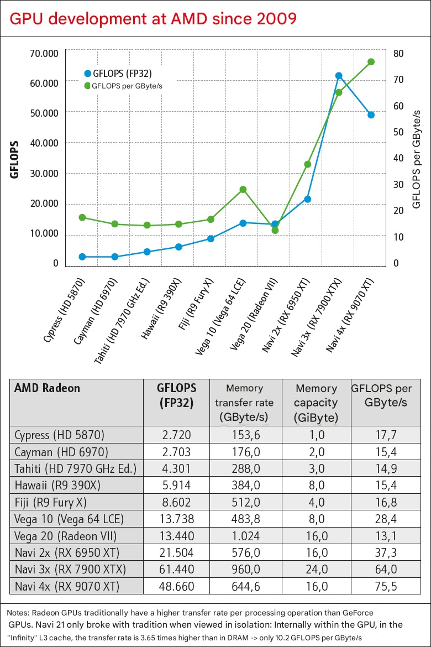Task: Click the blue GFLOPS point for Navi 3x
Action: pos(339,76)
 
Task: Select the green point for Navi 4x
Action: pos(371,62)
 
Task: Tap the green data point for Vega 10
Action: pos(243,190)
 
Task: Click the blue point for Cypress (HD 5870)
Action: pos(82,257)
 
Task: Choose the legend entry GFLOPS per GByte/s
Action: pos(127,86)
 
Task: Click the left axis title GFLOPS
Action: pos(15,159)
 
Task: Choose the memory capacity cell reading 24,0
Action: pos(317,570)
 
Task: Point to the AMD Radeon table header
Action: pos(48,388)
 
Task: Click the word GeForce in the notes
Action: pos(354,613)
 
